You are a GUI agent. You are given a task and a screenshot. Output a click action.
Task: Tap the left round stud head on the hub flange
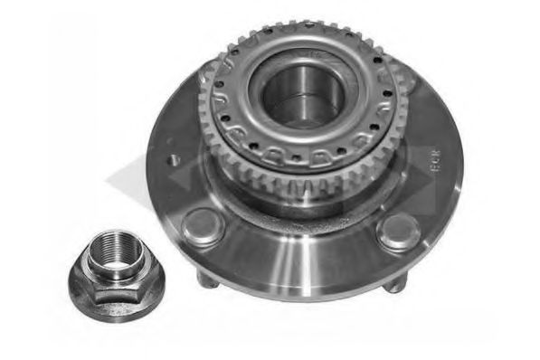(x=202, y=226)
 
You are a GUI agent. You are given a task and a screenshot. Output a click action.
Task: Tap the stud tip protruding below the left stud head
(x=207, y=279)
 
